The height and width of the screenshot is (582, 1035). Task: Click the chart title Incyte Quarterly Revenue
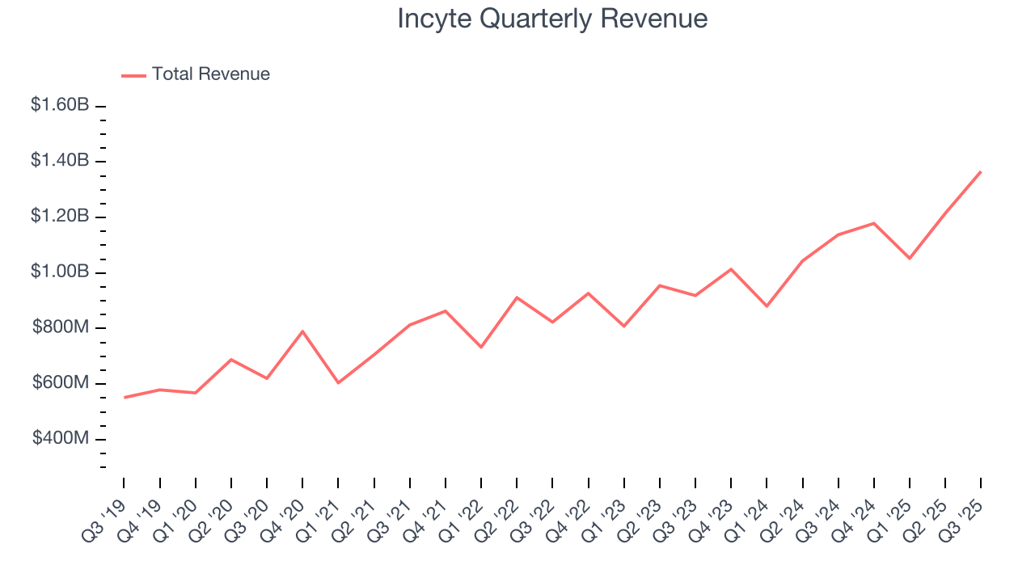pyautogui.click(x=552, y=19)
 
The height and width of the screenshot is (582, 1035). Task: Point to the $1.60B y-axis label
pyautogui.click(x=60, y=106)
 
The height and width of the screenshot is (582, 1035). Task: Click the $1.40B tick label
pyautogui.click(x=60, y=161)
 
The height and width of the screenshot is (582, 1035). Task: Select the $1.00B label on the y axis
pyautogui.click(x=60, y=272)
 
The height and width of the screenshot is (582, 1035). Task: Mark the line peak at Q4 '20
pyautogui.click(x=302, y=331)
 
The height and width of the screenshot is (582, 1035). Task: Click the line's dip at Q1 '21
pyautogui.click(x=338, y=382)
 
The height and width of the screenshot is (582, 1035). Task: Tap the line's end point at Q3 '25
pyautogui.click(x=981, y=171)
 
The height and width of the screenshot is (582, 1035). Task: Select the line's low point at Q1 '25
pyautogui.click(x=910, y=259)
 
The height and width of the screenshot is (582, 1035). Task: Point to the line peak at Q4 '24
pyautogui.click(x=874, y=223)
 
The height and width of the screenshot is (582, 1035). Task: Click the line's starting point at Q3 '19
pyautogui.click(x=125, y=397)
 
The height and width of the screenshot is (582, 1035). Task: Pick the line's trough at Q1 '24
pyautogui.click(x=767, y=306)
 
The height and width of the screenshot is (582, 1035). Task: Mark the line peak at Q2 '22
pyautogui.click(x=517, y=297)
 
